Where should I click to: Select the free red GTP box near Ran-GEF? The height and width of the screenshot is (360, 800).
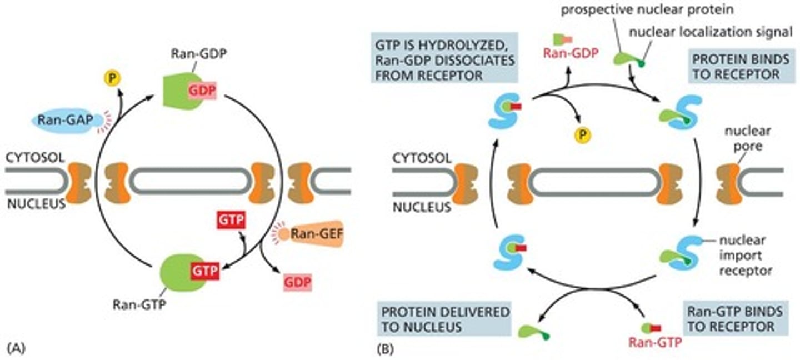pyautogui.click(x=231, y=219)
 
